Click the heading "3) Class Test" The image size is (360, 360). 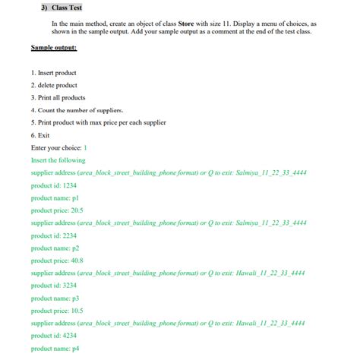click(x=62, y=8)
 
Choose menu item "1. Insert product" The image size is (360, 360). click(x=53, y=73)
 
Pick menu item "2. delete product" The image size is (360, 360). click(x=54, y=85)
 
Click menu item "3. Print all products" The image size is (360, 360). click(x=58, y=98)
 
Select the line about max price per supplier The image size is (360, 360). click(x=98, y=122)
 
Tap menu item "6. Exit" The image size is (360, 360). click(x=40, y=135)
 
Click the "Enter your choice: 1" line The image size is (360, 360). click(x=59, y=147)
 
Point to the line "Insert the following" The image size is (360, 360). click(x=58, y=160)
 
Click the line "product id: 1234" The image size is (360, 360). click(x=54, y=185)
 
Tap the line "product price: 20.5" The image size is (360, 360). click(x=57, y=210)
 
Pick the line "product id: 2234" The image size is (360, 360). click(x=54, y=235)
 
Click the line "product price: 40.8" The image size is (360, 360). click(x=57, y=261)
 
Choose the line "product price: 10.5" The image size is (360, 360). click(x=57, y=311)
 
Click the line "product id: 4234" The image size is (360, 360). click(x=54, y=336)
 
